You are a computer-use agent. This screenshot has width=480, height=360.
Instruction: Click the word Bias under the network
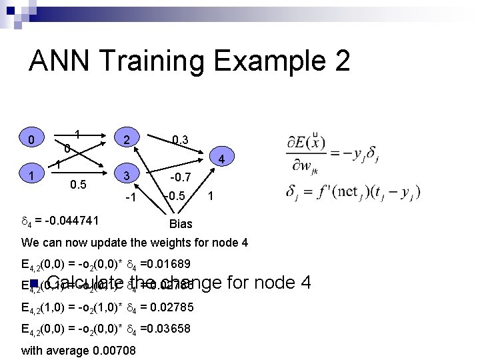point(181,224)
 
